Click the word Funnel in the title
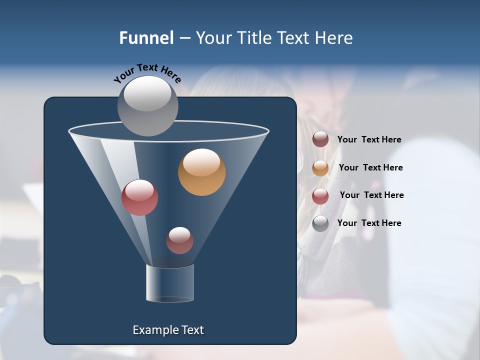point(146,38)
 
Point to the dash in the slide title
point(184,38)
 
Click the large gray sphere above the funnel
point(147,105)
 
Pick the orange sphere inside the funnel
point(201,172)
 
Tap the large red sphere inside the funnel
point(139,197)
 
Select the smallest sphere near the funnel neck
point(179,240)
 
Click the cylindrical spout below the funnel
point(170,283)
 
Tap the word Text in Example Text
point(192,330)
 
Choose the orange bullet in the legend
point(320,168)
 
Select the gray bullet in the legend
point(320,223)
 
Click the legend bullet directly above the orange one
point(320,139)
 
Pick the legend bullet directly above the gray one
point(320,196)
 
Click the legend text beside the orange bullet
point(370,167)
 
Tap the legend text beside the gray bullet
point(369,223)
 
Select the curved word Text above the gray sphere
point(147,67)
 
